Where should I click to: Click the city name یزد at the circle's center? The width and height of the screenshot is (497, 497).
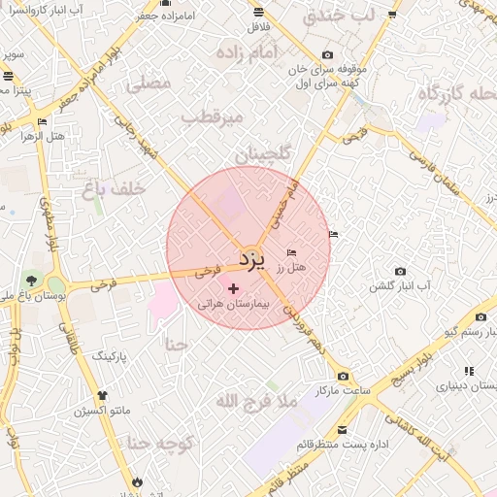[x=251, y=258]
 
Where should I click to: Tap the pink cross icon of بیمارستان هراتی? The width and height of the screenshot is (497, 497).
[x=233, y=287]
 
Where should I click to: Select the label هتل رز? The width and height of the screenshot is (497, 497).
[x=291, y=266]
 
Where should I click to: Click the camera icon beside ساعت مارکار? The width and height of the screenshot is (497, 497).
[x=343, y=376]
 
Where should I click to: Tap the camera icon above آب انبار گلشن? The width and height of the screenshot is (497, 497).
[x=400, y=272]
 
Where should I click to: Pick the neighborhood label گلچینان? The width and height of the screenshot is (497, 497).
[x=255, y=153]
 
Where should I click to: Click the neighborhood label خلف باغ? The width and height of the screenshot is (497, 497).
[x=115, y=189]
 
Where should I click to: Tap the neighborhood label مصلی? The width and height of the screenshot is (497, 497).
[x=149, y=84]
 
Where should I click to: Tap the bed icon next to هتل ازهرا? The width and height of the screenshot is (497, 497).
[x=42, y=121]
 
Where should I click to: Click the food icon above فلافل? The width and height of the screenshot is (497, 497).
[x=258, y=13]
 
